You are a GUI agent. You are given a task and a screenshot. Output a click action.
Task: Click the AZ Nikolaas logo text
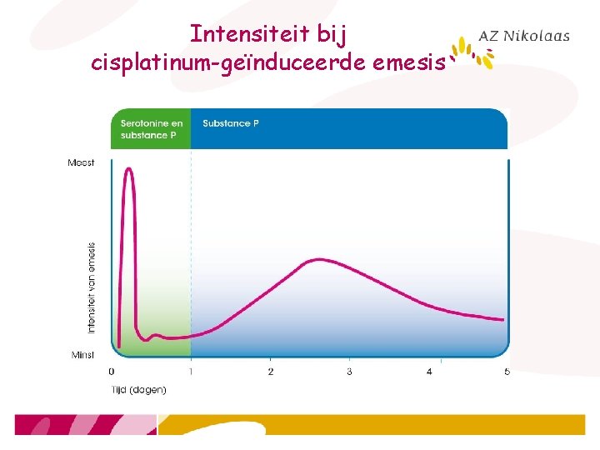coord(524,36)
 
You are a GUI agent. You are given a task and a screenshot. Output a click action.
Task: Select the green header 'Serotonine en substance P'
coord(151,129)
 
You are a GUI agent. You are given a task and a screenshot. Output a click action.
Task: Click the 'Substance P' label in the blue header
coord(231,123)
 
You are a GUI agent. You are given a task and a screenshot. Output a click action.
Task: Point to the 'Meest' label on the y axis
coord(81,162)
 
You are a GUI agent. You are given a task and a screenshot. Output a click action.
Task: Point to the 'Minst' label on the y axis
coord(82,355)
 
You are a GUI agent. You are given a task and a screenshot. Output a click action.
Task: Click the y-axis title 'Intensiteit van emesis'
coord(92,287)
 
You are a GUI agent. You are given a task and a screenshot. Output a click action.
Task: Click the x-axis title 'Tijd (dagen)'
coord(138,389)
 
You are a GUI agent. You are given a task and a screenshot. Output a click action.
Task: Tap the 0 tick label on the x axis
coord(112,371)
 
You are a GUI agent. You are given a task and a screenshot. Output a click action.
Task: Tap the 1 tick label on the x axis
coord(191,371)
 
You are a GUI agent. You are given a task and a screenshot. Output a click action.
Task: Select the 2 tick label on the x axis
coord(270,371)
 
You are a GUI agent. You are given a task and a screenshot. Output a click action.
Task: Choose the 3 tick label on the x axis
coord(349,371)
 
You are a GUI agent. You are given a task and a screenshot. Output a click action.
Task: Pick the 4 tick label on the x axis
coord(429,371)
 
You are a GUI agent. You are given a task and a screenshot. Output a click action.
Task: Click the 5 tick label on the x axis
coord(507,371)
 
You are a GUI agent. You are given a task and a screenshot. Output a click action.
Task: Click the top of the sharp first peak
coord(128,169)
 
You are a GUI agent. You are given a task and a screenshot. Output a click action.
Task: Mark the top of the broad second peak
coord(317,260)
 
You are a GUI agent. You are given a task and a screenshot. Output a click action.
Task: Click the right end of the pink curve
coord(503,319)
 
